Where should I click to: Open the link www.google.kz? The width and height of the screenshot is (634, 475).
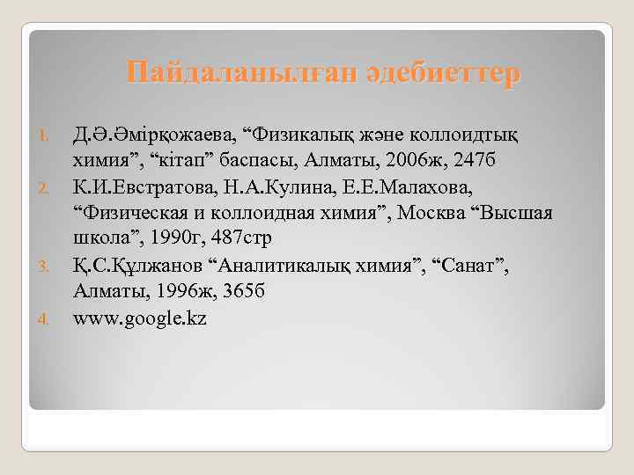141,318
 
